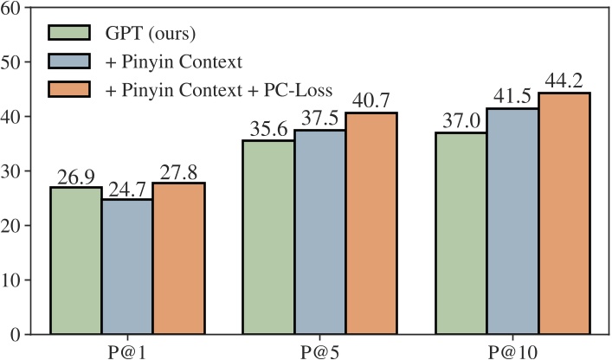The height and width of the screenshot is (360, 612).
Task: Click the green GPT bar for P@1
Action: (75, 260)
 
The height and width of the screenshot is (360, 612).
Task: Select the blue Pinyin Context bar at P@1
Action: (127, 267)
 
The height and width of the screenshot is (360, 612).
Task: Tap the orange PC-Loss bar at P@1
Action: (179, 258)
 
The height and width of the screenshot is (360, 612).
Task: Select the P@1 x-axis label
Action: (127, 349)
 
